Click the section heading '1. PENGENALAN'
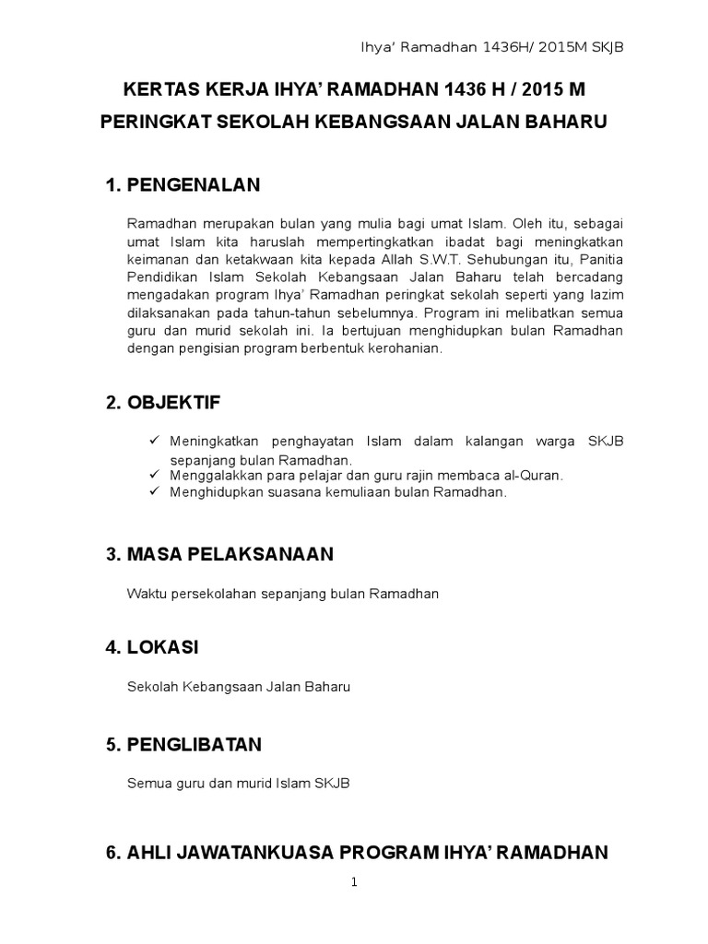coord(183,186)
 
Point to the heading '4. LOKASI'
coord(153,648)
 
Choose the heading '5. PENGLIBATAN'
coord(183,743)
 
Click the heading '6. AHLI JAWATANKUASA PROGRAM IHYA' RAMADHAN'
coord(357,853)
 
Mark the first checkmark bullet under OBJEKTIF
coord(154,442)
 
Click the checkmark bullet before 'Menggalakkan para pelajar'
coord(154,475)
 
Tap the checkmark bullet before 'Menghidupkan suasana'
coord(154,492)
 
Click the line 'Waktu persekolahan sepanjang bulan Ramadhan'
coord(282,594)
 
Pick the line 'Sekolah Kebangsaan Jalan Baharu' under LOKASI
coord(239,687)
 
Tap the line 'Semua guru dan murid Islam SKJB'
coord(238,783)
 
